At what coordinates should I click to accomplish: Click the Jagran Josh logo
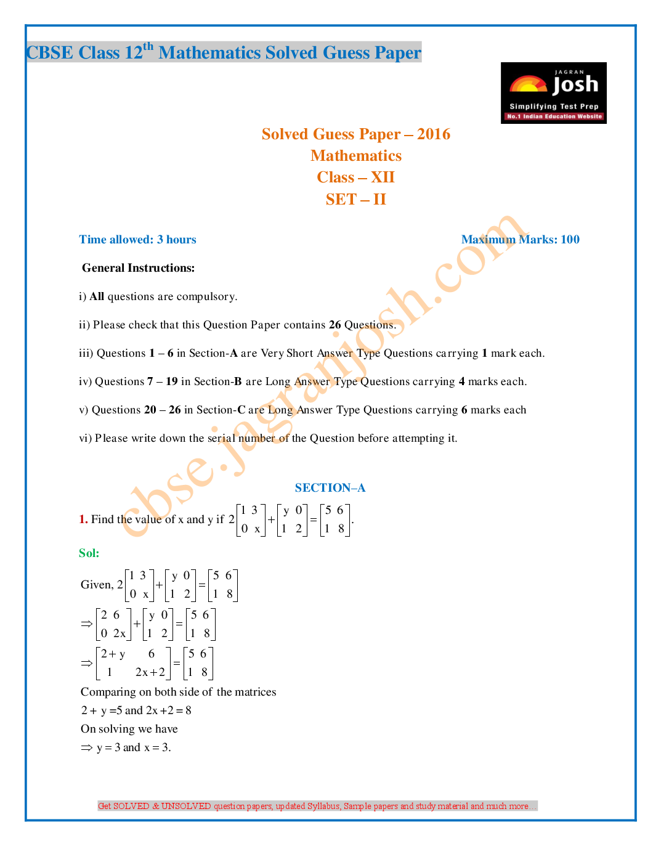coord(553,93)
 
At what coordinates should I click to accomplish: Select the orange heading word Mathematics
coord(356,156)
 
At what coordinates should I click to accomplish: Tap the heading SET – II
coord(356,200)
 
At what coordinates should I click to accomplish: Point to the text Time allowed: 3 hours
coord(137,240)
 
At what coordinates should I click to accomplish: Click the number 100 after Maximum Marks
coord(570,240)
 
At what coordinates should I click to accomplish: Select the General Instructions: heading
coord(139,268)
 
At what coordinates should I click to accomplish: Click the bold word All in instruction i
coord(97,296)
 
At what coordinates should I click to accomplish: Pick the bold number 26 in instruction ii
coord(335,325)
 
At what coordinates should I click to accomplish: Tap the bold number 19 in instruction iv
coord(172,381)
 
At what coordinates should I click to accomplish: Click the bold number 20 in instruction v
coord(150,410)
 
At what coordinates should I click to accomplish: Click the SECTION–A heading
coord(330,488)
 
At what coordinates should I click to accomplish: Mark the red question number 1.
coord(83,519)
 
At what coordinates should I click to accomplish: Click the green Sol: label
coord(89,553)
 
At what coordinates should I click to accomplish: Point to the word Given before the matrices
coord(97,585)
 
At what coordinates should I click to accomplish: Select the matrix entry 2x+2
coord(150,672)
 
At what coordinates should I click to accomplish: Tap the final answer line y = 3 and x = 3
coord(133,747)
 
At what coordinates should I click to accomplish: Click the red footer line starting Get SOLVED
coord(317,806)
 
